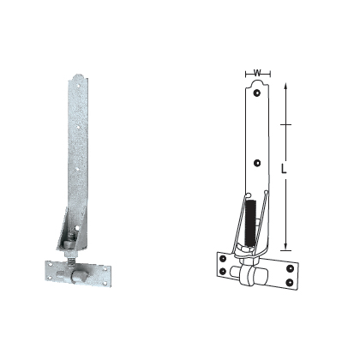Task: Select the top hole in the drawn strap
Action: coord(256,87)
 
